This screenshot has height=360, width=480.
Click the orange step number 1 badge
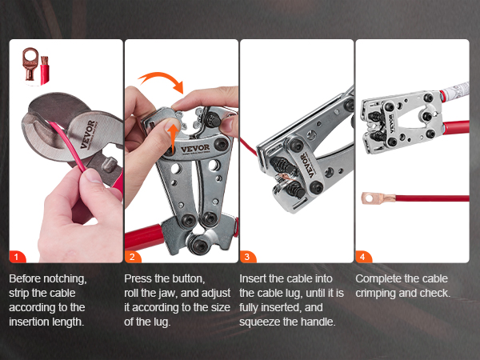(17, 257)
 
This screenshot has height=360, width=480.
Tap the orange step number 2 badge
(132, 257)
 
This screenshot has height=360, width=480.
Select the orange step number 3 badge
(247, 257)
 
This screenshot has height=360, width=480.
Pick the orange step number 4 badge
(362, 257)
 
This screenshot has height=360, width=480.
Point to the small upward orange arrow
(174, 138)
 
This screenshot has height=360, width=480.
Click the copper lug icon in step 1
(30, 64)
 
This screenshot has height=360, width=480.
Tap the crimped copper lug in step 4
(378, 198)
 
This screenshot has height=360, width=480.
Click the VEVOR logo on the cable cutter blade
(88, 134)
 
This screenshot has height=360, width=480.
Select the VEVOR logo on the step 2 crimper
(195, 149)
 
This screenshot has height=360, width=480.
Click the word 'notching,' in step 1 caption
(65, 279)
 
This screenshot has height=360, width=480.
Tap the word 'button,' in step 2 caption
(188, 279)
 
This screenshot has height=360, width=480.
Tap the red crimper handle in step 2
(143, 237)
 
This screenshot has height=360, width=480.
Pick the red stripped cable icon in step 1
(44, 70)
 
